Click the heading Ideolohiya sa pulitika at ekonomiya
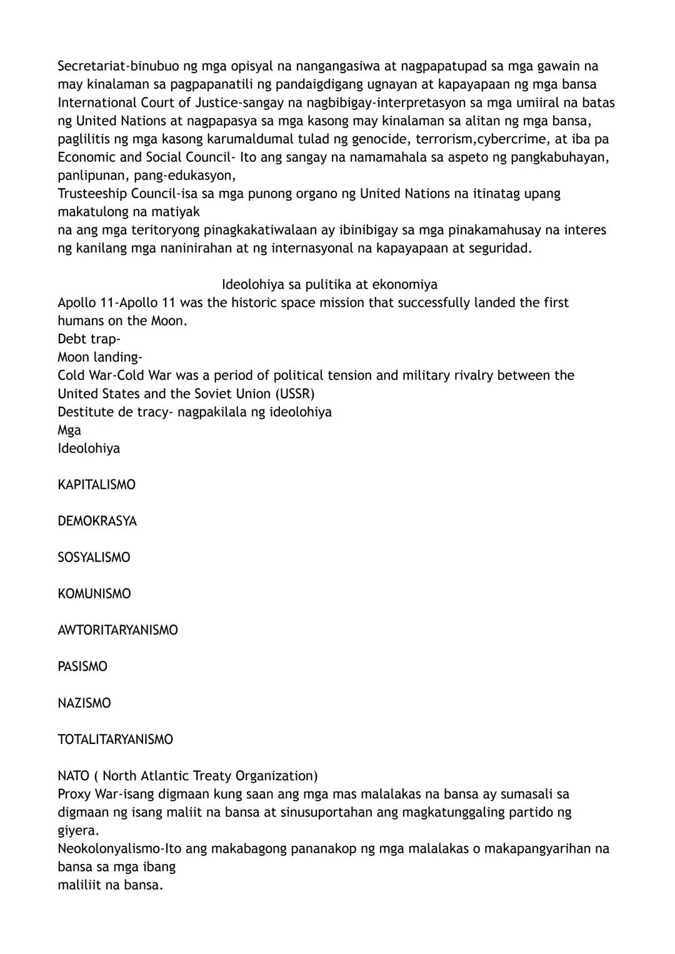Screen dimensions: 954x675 point(329,284)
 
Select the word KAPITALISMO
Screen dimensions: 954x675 point(96,485)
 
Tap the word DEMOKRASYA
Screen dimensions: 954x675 point(97,521)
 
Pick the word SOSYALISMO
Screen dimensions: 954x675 point(94,557)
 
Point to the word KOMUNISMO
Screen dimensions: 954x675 point(94,593)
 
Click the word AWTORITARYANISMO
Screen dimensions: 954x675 point(117,630)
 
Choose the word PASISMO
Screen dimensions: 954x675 point(82,666)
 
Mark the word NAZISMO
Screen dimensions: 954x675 point(84,703)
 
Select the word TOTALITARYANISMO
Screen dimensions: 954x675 point(115,739)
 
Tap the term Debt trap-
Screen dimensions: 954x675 point(89,339)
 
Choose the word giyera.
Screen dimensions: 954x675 point(77,830)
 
